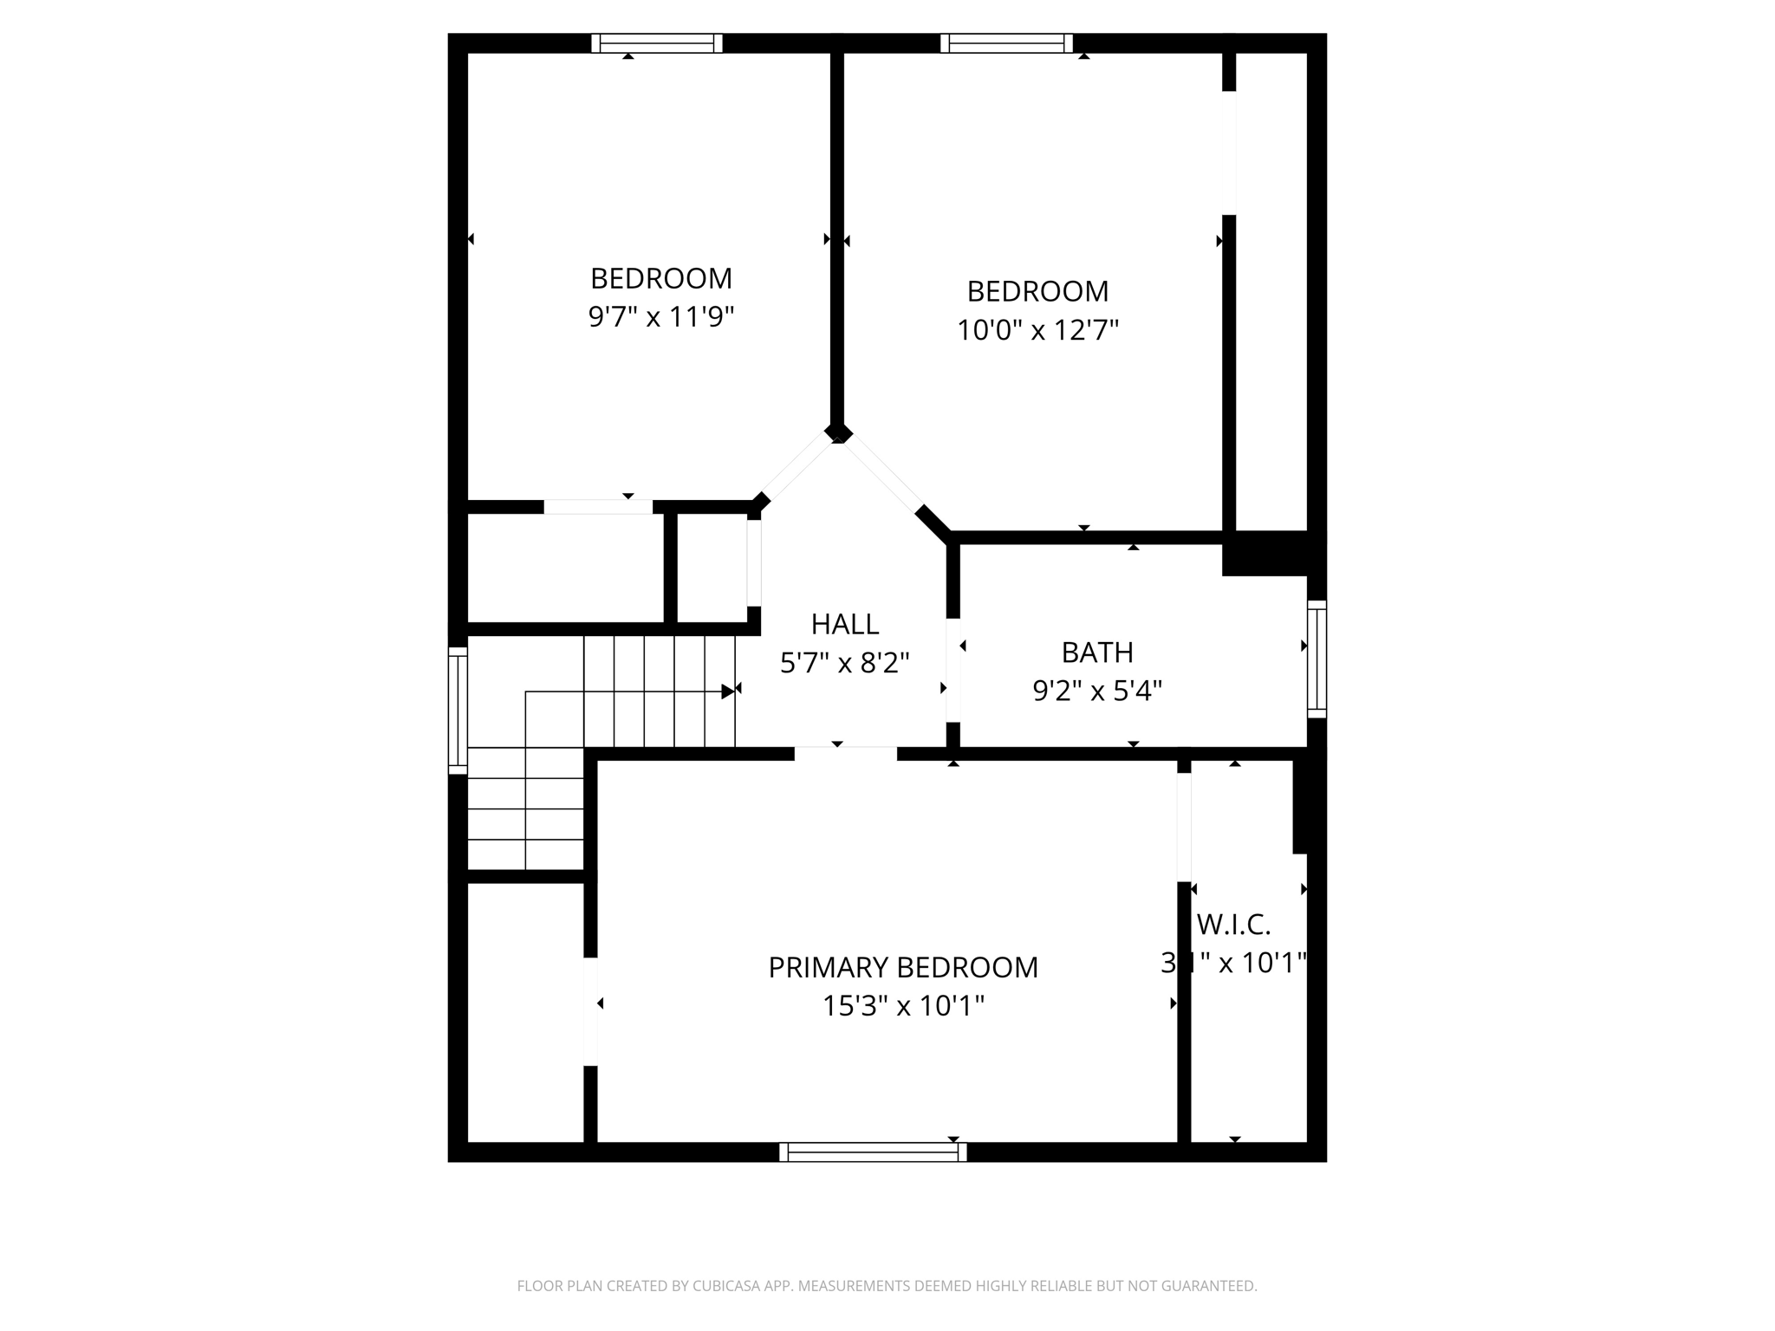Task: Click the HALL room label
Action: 844,624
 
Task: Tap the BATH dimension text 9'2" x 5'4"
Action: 1096,691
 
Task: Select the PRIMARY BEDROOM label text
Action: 902,967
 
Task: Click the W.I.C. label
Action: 1233,925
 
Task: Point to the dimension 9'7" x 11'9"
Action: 660,317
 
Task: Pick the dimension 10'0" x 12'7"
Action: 1037,330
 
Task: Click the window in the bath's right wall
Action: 1317,659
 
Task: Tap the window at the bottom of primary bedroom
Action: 872,1152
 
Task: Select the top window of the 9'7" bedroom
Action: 657,43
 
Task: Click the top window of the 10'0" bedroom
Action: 1006,43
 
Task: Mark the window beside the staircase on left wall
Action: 458,710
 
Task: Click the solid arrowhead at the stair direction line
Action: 727,691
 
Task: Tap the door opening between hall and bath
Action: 953,669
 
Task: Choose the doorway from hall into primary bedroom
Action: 845,754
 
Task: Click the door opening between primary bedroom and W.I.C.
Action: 1184,827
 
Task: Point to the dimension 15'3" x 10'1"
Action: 902,1006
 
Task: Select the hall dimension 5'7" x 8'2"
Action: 844,663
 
